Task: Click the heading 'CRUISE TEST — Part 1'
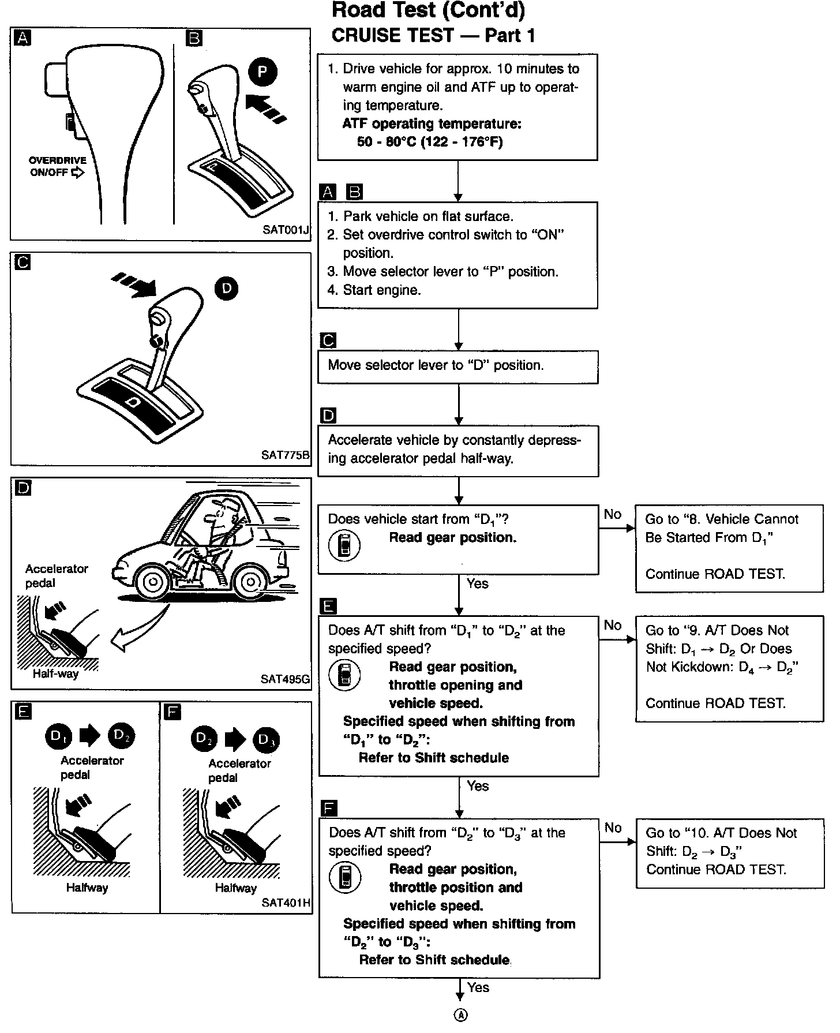433,36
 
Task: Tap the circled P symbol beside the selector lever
263,72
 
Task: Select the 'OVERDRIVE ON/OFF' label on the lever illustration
58,166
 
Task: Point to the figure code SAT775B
286,455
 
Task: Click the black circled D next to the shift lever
226,289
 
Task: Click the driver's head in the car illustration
221,514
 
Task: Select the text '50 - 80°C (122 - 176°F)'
430,142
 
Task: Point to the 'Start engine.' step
381,290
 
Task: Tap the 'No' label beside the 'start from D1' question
613,514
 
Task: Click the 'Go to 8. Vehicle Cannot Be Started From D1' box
729,546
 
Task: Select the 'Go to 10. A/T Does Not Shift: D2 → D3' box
729,852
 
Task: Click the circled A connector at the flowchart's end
460,1016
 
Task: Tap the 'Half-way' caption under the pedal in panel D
55,674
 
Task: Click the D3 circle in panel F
267,739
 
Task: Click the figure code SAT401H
286,903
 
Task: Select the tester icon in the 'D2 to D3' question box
345,877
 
